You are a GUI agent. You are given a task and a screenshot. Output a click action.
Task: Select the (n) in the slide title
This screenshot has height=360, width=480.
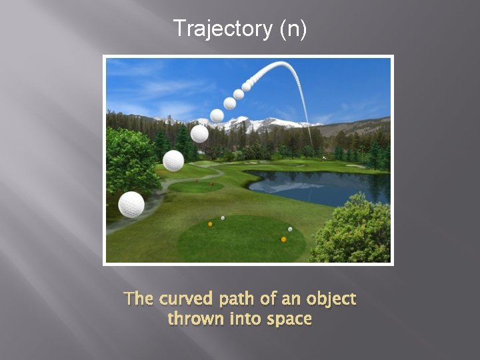point(293,29)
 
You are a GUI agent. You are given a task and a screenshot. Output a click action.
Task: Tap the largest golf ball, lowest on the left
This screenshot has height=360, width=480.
point(131,205)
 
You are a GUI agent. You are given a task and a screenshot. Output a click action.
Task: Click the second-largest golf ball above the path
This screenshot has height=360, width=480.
point(173,161)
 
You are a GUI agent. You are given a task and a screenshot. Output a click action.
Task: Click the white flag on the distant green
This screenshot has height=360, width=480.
point(325,159)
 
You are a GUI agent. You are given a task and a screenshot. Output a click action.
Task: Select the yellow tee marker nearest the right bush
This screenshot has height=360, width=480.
point(283,239)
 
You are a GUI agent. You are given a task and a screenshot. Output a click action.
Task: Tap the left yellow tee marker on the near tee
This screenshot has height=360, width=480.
point(210,224)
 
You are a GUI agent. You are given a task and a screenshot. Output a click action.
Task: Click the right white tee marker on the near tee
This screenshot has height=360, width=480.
point(290,229)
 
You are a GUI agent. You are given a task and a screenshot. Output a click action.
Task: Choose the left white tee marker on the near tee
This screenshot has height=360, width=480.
point(223,217)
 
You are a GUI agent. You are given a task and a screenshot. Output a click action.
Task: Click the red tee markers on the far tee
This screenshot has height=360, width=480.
point(204,182)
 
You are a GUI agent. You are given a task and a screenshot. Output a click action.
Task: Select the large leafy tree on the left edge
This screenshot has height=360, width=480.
point(130,160)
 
